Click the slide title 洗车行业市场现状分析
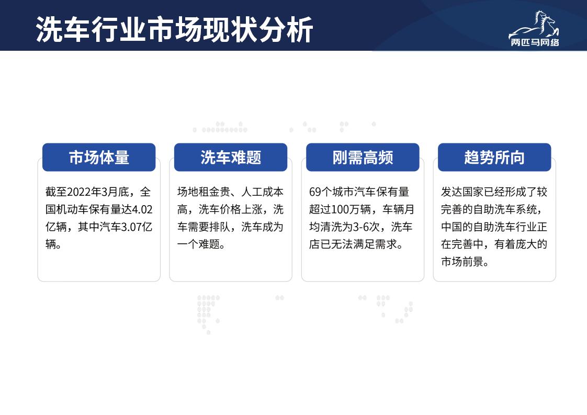(174, 30)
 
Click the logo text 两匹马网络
(535, 42)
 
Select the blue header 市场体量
(99, 158)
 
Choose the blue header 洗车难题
(231, 158)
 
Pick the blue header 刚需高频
(363, 158)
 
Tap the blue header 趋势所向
(494, 158)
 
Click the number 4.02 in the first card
(142, 209)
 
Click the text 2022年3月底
(98, 192)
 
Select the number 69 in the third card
(315, 192)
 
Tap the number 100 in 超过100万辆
(340, 209)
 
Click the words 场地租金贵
(204, 192)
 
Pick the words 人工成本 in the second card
(263, 192)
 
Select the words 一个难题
(198, 244)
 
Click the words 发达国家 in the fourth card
(462, 192)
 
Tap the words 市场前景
(462, 262)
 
